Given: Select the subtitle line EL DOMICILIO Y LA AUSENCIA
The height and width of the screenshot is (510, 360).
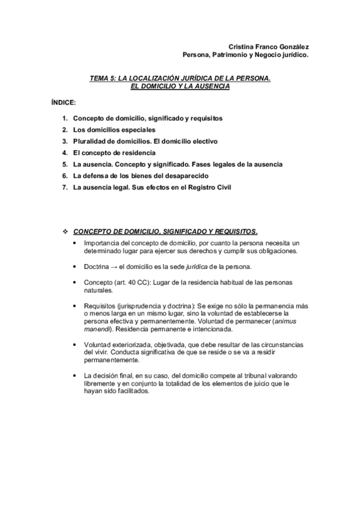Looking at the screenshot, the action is pyautogui.click(x=180, y=85).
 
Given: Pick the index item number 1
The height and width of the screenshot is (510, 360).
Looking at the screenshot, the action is pyautogui.click(x=64, y=118).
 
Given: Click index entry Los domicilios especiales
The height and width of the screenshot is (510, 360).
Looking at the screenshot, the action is pyautogui.click(x=114, y=130).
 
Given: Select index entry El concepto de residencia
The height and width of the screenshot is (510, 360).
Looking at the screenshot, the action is pyautogui.click(x=114, y=153).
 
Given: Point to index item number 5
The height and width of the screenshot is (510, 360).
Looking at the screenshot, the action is pyautogui.click(x=64, y=164).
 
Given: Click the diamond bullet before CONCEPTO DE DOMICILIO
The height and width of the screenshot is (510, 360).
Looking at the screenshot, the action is pyautogui.click(x=66, y=231).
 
